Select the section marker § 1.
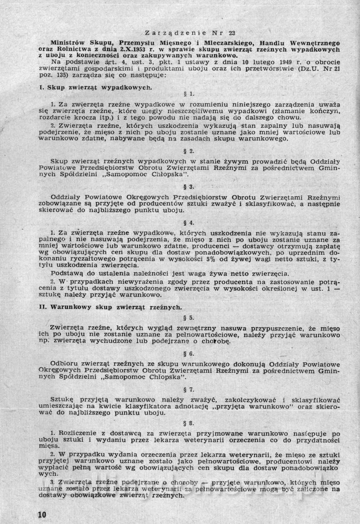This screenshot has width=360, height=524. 189,94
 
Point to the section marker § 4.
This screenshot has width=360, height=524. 189,222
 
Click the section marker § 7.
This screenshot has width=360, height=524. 189,389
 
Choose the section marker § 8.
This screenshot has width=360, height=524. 189,423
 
